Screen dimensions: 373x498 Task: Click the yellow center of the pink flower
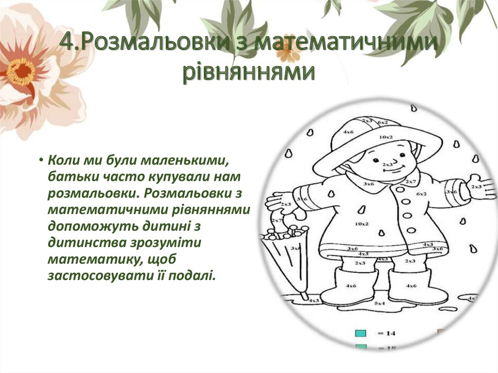pyautogui.click(x=20, y=71)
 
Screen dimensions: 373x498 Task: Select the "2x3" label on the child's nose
pyautogui.click(x=387, y=165)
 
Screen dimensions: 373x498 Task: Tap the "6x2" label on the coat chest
pyautogui.click(x=421, y=194)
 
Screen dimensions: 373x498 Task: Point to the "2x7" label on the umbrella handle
pyautogui.click(x=277, y=220)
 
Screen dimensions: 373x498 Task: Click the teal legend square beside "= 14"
pyautogui.click(x=360, y=333)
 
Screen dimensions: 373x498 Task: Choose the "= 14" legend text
pyautogui.click(x=386, y=333)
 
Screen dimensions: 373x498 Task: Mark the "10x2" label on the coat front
pyautogui.click(x=361, y=224)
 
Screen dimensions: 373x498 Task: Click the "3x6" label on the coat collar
pyautogui.click(x=368, y=184)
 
